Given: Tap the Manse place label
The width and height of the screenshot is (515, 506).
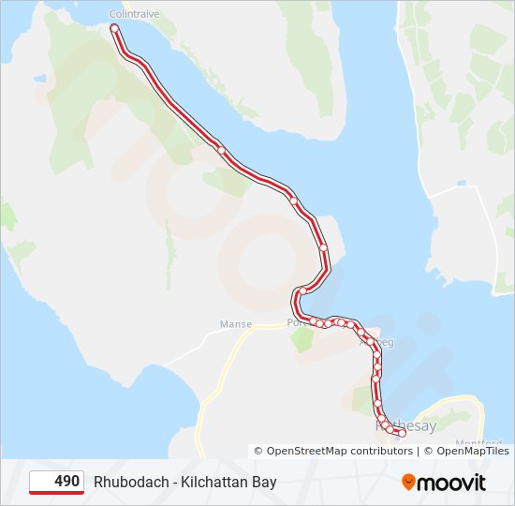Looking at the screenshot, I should point(235,324).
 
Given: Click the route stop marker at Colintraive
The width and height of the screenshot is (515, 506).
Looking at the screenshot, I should point(114,28).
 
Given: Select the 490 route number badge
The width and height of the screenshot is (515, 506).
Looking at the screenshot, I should point(57,482).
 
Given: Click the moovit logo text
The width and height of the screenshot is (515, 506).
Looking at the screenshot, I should point(451,483).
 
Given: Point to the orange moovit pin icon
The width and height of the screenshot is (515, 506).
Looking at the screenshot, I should point(408,483).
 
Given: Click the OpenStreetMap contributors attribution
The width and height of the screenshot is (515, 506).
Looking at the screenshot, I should point(339,451).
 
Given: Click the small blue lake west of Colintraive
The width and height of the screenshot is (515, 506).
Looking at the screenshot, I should point(40,79).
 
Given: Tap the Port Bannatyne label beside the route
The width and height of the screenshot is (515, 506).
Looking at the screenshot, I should point(296,322).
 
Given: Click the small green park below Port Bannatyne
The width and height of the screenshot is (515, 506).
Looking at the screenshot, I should point(302,339).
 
